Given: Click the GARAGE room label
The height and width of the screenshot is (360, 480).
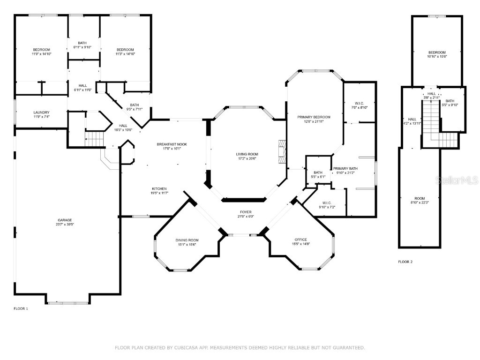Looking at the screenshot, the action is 65,220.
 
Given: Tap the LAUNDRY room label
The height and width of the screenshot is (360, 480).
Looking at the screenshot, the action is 41,112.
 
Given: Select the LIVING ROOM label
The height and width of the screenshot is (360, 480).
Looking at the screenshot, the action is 247,154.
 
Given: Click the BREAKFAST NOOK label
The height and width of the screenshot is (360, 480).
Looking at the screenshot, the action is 172,144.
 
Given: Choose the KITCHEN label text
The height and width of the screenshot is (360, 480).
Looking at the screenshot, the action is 159,188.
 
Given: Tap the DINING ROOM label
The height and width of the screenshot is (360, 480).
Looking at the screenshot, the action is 187,240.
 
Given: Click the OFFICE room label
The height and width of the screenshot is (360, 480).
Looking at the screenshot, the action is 300,240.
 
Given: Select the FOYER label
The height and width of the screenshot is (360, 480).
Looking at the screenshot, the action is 246,212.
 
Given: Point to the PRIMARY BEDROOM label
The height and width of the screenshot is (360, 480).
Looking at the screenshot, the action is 314,117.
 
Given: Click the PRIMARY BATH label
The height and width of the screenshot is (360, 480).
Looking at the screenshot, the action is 345,168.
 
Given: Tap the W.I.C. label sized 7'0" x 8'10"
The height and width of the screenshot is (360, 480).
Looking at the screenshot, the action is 360,103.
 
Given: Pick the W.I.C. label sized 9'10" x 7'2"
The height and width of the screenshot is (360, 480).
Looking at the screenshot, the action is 327,202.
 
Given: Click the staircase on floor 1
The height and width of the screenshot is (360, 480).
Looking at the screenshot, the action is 95,139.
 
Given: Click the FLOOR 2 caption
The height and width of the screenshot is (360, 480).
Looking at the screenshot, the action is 405,262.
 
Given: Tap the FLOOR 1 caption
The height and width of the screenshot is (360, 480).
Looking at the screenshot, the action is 21,308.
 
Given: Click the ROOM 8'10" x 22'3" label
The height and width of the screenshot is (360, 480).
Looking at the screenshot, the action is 420,198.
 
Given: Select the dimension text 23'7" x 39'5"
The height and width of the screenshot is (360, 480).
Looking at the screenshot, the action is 65,225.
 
